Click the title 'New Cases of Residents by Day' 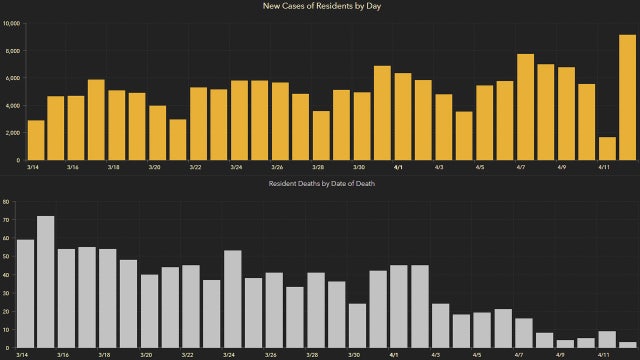[x=320, y=7]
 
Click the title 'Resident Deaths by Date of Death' [x=320, y=185]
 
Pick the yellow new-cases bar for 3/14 [x=35, y=140]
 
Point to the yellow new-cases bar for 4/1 [x=402, y=116]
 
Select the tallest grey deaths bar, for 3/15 [x=45, y=281]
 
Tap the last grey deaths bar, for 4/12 [x=627, y=344]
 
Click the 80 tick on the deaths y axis [x=6, y=202]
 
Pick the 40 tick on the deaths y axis [x=6, y=275]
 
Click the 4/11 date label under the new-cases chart [x=604, y=168]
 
